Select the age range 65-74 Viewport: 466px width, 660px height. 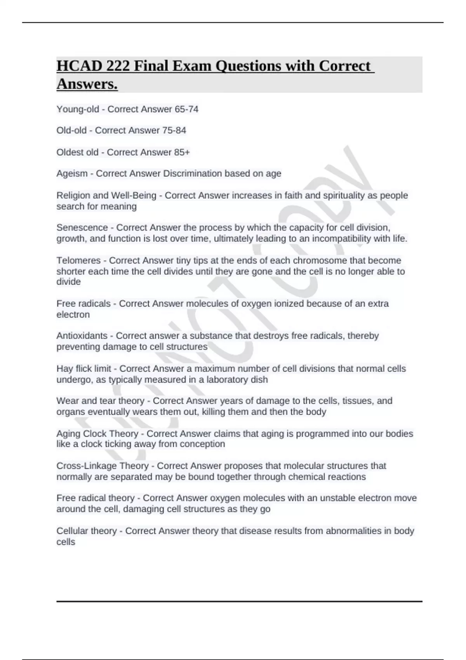pyautogui.click(x=186, y=109)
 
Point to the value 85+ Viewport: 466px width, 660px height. pyautogui.click(x=182, y=152)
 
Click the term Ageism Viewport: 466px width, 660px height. pyautogui.click(x=72, y=174)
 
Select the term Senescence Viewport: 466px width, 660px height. pyautogui.click(x=82, y=228)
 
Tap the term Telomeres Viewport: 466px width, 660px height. pyautogui.click(x=78, y=261)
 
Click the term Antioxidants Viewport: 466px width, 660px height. pyautogui.click(x=82, y=336)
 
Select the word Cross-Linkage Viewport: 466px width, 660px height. pyautogui.click(x=87, y=466)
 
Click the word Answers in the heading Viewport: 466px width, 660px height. pyautogui.click(x=87, y=84)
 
